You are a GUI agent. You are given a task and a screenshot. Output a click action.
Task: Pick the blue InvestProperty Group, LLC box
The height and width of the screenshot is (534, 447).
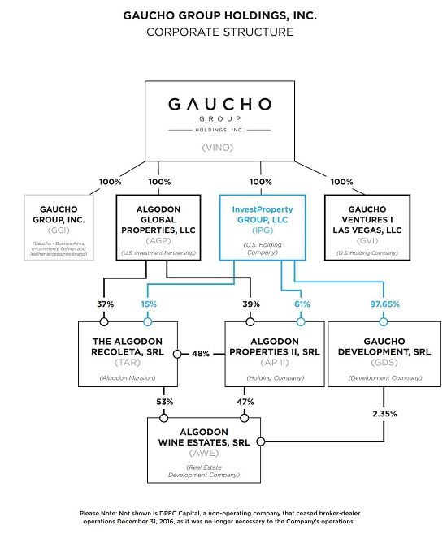click(x=260, y=226)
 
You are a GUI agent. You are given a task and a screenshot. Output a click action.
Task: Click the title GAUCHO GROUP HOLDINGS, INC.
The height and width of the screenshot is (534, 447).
click(x=223, y=15)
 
